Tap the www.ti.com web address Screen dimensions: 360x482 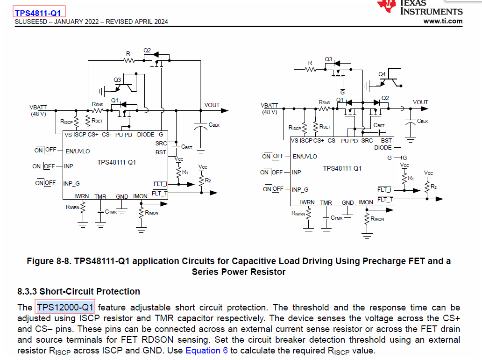coord(443,21)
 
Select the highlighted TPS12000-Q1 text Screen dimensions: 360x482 coord(65,307)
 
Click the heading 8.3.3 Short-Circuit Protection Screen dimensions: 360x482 coord(78,291)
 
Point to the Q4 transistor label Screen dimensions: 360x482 coord(382,74)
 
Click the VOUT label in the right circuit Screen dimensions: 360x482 coord(420,102)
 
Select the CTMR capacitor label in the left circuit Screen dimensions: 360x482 coord(111,212)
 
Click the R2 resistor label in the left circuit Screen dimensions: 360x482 coord(208,180)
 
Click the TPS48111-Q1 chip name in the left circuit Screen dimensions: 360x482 coord(116,162)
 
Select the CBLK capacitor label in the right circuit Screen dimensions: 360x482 coord(422,121)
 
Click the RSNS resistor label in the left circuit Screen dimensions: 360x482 coord(97,104)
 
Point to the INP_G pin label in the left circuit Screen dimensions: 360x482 coord(75,183)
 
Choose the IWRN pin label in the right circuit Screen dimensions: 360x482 coord(307,202)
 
